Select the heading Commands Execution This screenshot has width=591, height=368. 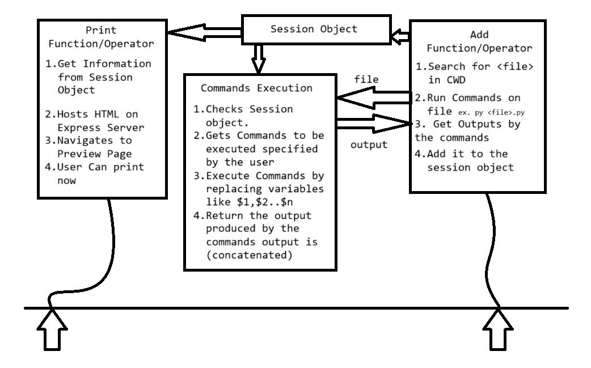pos(257,88)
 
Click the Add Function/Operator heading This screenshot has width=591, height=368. pos(477,40)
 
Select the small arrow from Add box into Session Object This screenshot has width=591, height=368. pos(400,37)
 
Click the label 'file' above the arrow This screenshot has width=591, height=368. pos(366,79)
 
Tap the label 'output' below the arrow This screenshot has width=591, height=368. pos(368,144)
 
